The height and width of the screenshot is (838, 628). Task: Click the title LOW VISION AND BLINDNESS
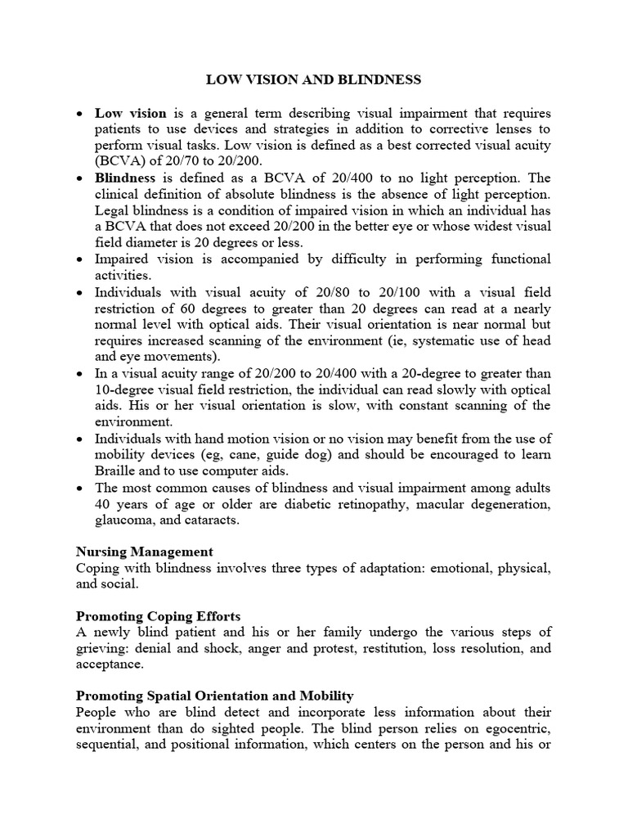(x=313, y=79)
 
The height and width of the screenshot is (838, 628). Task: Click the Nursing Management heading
(x=145, y=552)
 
